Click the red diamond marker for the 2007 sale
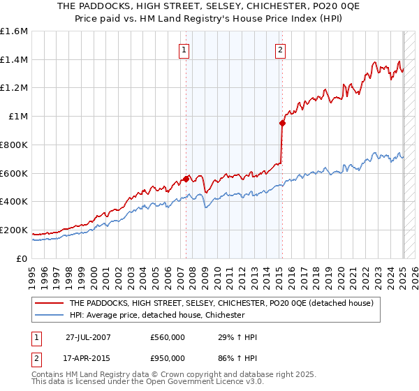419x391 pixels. coord(186,179)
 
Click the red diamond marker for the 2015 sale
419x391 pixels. coord(282,124)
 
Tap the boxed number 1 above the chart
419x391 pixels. coord(183,50)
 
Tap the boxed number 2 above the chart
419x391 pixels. coord(279,50)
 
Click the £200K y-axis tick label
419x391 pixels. coord(14,230)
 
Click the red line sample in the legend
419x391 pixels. coord(49,304)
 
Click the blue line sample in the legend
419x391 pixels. coord(49,316)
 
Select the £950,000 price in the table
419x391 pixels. coord(168,357)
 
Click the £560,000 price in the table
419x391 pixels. coord(168,338)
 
